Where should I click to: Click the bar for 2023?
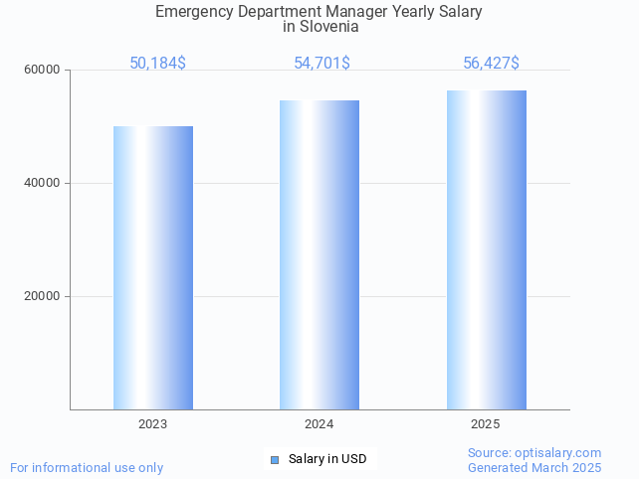coord(153,267)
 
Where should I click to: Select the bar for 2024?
coord(319,254)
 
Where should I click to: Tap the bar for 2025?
coord(486,249)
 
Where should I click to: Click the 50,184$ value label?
coord(157,64)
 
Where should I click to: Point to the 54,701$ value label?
coord(321,64)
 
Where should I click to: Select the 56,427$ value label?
coord(491,64)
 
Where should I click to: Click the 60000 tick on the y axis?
coord(43,71)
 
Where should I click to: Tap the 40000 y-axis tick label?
coord(43,184)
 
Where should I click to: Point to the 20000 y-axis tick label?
coord(43,296)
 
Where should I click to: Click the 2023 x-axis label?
coord(153,424)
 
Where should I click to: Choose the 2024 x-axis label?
coord(319,424)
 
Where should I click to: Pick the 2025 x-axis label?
coord(486,424)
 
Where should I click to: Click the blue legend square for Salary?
coord(275,459)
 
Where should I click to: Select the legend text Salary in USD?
coord(327,459)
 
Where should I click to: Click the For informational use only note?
coord(87,467)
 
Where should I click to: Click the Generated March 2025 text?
coord(534,467)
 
